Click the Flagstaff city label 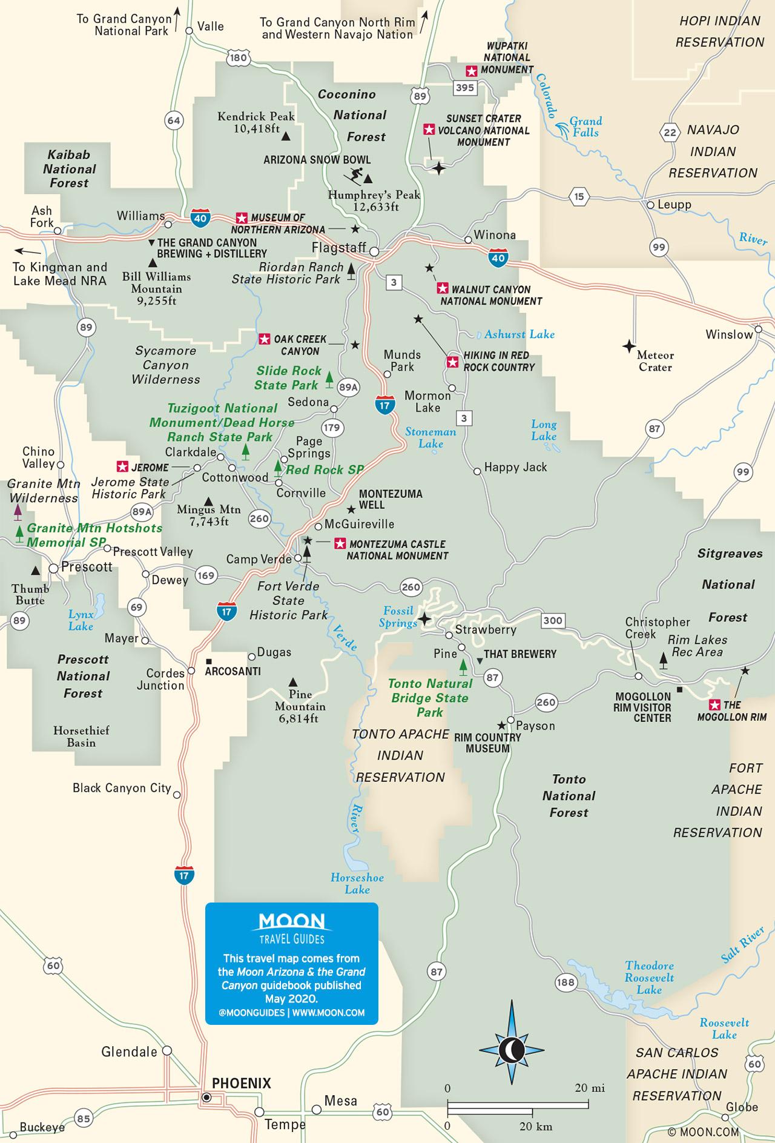(338, 247)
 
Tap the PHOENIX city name (241, 1083)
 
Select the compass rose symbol (512, 1050)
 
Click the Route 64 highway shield (174, 121)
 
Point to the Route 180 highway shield (238, 58)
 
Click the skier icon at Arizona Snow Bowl (354, 176)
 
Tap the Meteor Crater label (655, 361)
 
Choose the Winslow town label (729, 334)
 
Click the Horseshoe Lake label (357, 883)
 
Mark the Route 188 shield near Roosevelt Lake (566, 982)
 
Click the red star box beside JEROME (122, 466)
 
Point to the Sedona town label (308, 402)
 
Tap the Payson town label (535, 726)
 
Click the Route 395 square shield (465, 88)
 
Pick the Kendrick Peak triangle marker (286, 136)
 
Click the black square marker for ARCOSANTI (209, 661)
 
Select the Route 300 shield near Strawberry (552, 620)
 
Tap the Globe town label (742, 1107)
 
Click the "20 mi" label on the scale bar (589, 1088)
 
